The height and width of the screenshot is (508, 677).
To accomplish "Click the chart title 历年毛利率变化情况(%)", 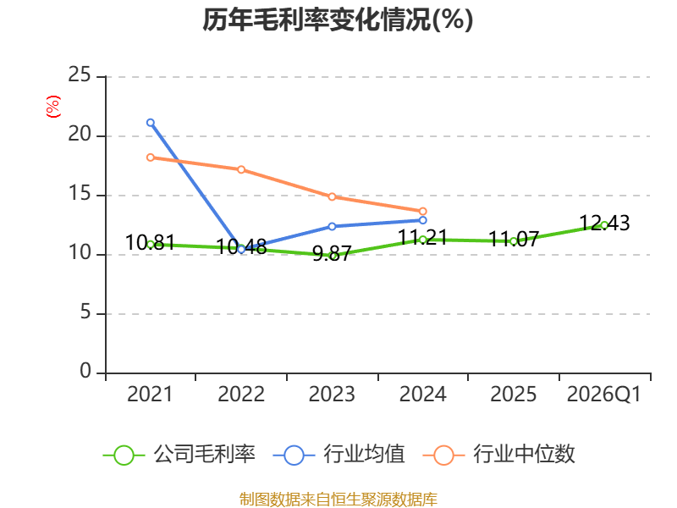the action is [x=338, y=19].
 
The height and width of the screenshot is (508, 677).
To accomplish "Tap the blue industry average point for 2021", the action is [x=151, y=123].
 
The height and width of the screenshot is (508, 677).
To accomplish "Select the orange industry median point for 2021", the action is [x=151, y=157].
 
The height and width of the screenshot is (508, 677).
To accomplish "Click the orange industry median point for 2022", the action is [x=241, y=169].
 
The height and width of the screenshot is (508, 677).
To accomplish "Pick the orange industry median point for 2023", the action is [x=332, y=196].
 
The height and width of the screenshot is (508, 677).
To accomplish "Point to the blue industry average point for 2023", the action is [x=332, y=226].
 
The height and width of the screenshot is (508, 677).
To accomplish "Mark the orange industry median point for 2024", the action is [x=423, y=211].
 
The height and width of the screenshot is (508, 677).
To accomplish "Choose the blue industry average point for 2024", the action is [x=423, y=220].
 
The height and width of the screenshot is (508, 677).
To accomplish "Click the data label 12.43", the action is [x=604, y=224].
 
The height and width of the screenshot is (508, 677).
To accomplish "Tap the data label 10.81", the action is [x=151, y=242].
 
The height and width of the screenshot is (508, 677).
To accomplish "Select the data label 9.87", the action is [x=332, y=253].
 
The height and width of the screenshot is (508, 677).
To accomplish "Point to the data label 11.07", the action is [x=514, y=239].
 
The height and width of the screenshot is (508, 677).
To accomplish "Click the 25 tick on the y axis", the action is [x=80, y=75].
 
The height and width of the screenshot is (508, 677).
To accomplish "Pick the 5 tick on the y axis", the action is [x=85, y=312].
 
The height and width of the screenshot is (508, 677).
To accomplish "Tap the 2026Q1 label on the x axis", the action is [x=604, y=395].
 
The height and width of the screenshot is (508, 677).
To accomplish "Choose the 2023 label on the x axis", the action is [x=332, y=395].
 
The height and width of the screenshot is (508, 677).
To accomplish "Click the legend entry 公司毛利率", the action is [x=179, y=455].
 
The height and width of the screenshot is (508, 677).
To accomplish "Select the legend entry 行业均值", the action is [x=339, y=455].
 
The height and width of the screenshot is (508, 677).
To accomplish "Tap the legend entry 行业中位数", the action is [x=498, y=455].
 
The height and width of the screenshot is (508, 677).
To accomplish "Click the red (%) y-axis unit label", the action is [x=53, y=107].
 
